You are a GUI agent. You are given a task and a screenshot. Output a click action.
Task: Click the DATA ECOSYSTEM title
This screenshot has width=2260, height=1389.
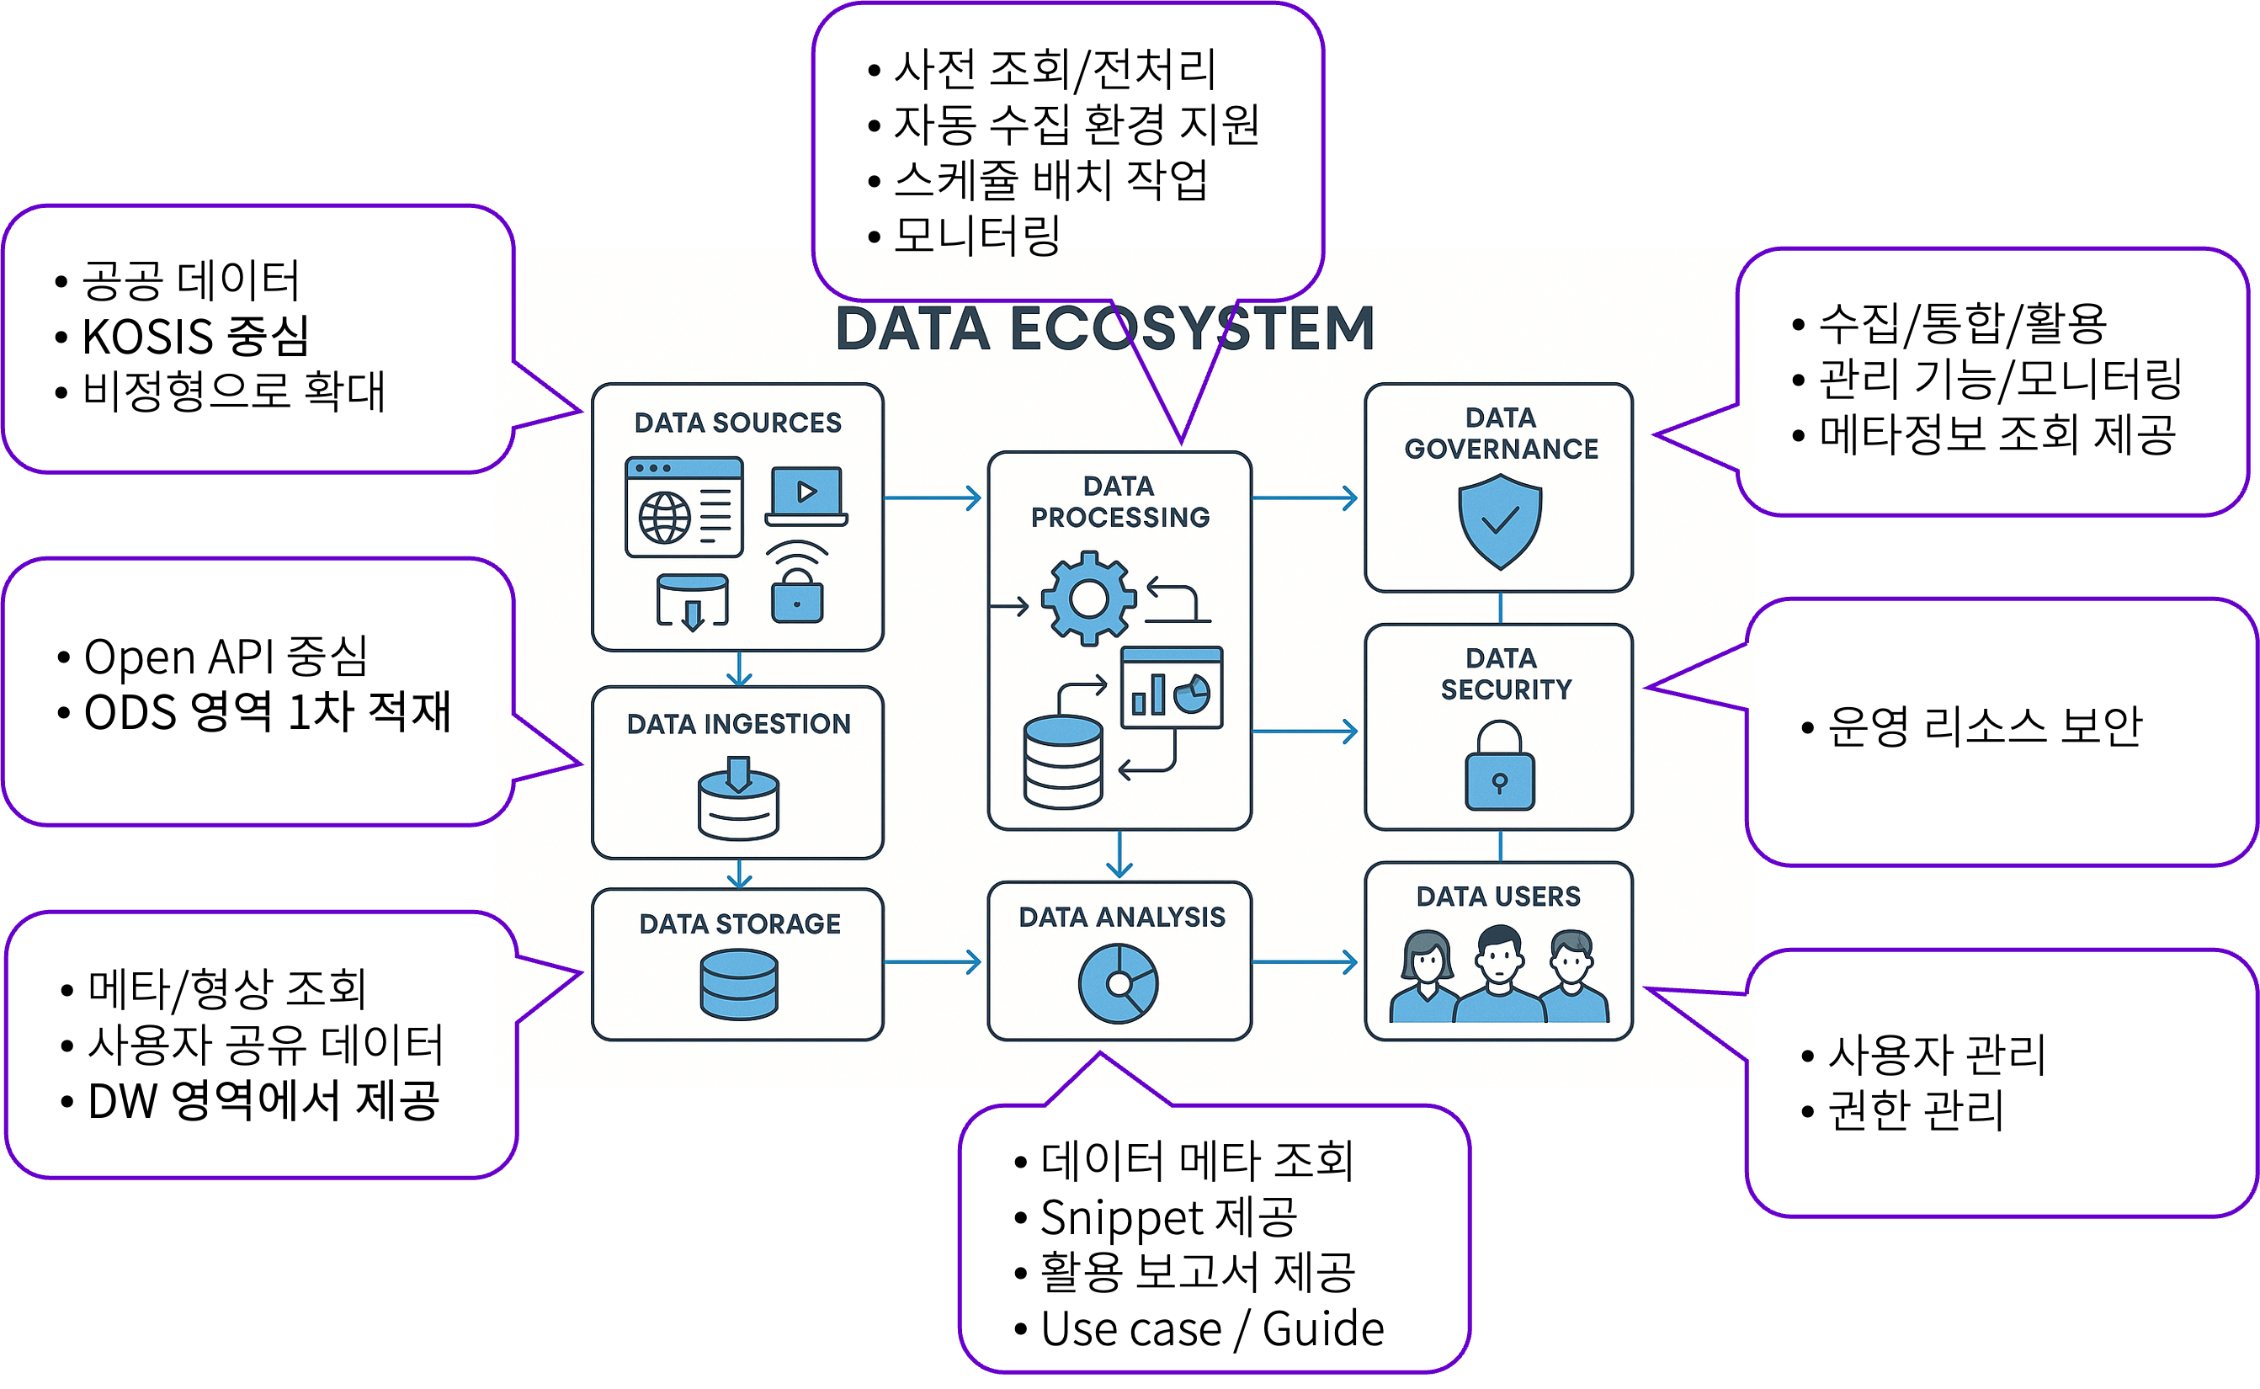(1103, 329)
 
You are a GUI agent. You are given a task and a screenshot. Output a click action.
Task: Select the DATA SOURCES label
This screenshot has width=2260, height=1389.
(737, 423)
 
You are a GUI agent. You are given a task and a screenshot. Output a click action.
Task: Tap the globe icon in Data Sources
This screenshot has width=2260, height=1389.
(665, 518)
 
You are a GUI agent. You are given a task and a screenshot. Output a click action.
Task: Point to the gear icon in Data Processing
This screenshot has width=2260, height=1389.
(1088, 599)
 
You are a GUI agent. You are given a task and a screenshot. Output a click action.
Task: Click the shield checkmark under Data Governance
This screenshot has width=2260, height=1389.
(1500, 521)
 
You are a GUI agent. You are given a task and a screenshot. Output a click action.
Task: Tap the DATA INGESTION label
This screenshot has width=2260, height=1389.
(738, 724)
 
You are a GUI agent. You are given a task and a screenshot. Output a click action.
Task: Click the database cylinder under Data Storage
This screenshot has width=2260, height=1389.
(738, 985)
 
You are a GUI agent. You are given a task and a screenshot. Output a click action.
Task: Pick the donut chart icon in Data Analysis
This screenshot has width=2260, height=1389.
(1118, 984)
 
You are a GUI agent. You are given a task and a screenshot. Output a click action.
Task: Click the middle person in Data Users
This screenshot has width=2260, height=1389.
(1499, 976)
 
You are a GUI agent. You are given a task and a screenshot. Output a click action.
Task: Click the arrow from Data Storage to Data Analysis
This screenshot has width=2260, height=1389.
(932, 962)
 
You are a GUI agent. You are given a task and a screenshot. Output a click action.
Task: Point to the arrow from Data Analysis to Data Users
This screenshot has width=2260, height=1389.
(1305, 962)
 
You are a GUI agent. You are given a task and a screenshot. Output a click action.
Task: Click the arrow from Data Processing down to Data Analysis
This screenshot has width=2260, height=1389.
(1119, 855)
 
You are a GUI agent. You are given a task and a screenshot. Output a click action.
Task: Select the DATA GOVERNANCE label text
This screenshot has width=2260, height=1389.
(1501, 434)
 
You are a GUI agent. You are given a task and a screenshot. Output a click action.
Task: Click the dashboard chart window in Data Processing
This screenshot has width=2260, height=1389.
(1172, 687)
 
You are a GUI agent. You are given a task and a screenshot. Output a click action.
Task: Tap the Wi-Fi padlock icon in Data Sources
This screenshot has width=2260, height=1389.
(797, 584)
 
